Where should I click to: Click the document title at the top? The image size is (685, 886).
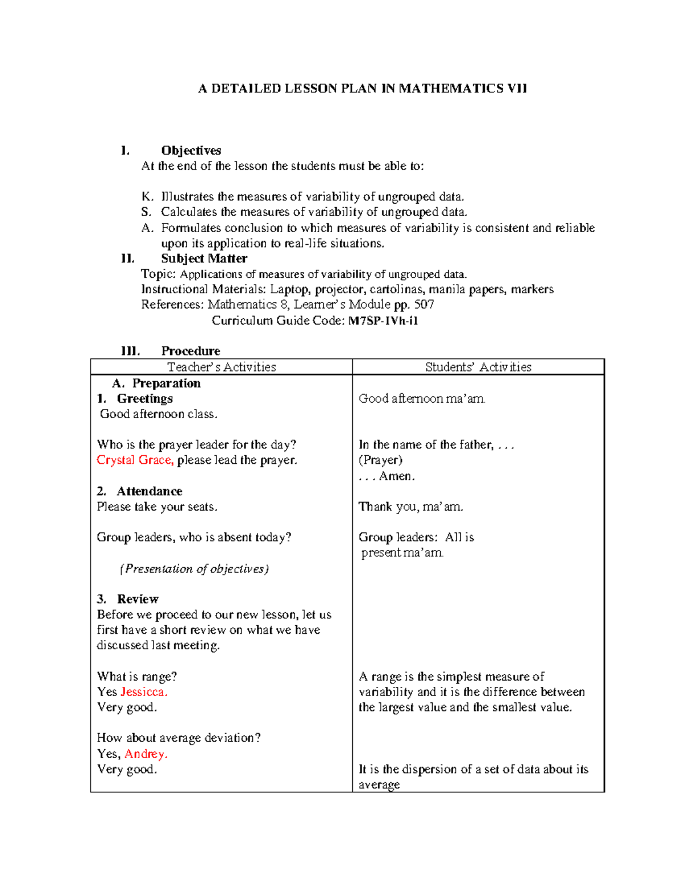362,88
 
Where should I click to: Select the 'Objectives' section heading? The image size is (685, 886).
191,151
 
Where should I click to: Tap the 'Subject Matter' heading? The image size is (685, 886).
204,258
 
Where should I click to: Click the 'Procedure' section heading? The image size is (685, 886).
191,351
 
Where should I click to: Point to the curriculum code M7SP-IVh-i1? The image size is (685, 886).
383,321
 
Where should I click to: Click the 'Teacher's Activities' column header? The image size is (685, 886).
221,367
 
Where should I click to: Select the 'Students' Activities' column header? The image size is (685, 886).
478,367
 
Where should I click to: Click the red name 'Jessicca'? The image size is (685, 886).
143,692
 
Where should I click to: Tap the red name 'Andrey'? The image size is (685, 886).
146,754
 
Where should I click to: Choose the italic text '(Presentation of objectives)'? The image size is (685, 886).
194,569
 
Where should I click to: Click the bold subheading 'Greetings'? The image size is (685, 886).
144,398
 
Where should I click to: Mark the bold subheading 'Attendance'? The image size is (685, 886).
150,491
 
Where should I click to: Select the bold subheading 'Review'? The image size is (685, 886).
138,599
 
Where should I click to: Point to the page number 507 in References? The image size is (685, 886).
424,305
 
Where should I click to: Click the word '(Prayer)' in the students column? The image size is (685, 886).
380,460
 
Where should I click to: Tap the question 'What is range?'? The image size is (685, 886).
137,677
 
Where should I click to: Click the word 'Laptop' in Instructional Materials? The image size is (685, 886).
290,289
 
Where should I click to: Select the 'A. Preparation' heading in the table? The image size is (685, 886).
156,383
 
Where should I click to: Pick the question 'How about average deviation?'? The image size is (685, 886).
179,738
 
